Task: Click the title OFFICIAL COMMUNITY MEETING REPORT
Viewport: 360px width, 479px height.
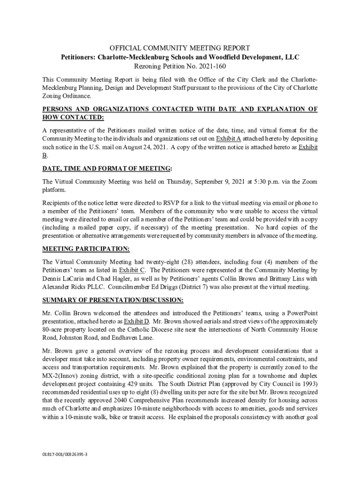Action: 180,48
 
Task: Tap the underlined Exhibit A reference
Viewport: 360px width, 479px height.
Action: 228,139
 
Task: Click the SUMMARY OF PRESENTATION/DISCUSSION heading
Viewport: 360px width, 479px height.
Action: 113,300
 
